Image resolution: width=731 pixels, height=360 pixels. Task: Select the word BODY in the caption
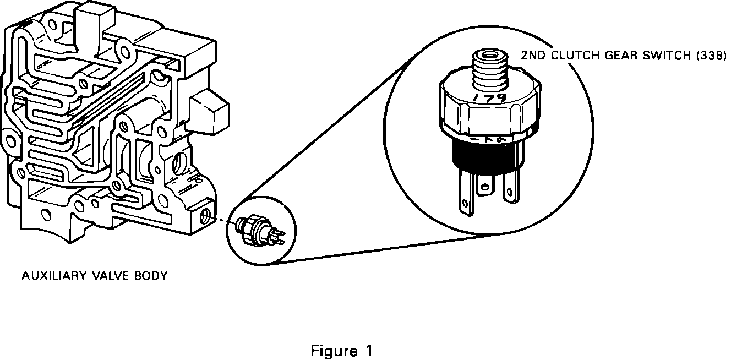click(x=150, y=275)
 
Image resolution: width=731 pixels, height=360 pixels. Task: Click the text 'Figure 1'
click(x=341, y=351)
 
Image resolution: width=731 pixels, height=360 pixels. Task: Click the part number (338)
click(x=705, y=56)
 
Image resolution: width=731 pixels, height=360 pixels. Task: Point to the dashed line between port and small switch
click(x=225, y=221)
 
